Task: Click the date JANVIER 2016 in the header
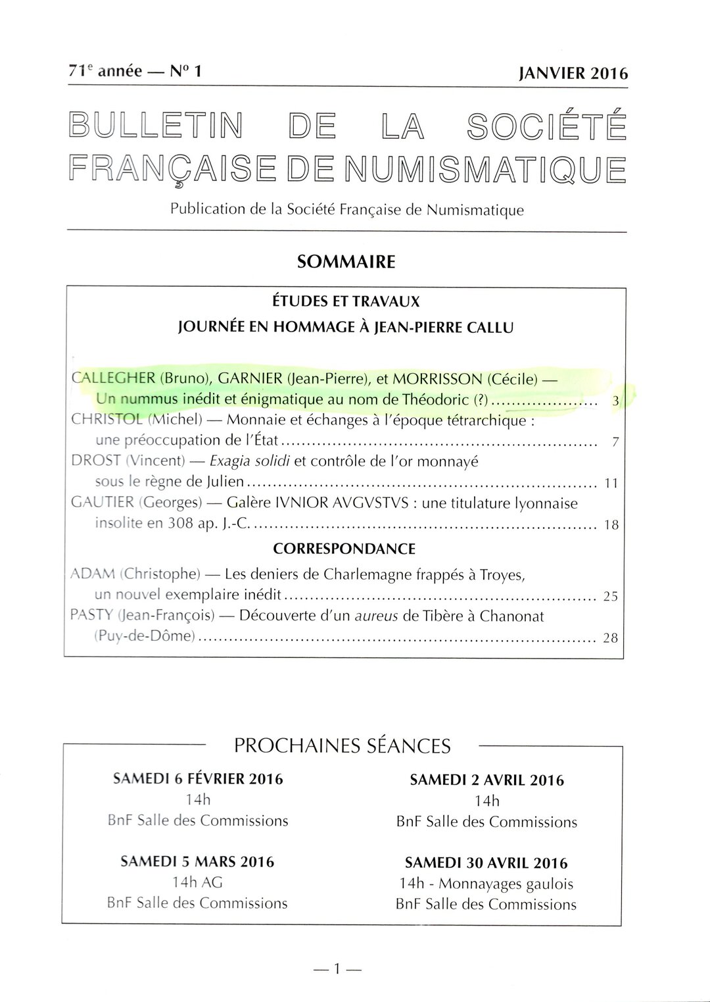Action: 573,73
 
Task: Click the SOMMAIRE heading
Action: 346,262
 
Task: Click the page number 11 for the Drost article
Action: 611,484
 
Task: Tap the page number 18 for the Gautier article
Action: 611,526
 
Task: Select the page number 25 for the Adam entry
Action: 611,597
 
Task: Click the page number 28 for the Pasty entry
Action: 611,638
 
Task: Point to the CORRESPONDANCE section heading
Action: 344,549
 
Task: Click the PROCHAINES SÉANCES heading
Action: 343,745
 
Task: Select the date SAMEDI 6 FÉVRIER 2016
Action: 198,779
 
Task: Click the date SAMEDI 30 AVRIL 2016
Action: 486,863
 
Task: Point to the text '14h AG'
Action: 198,882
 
